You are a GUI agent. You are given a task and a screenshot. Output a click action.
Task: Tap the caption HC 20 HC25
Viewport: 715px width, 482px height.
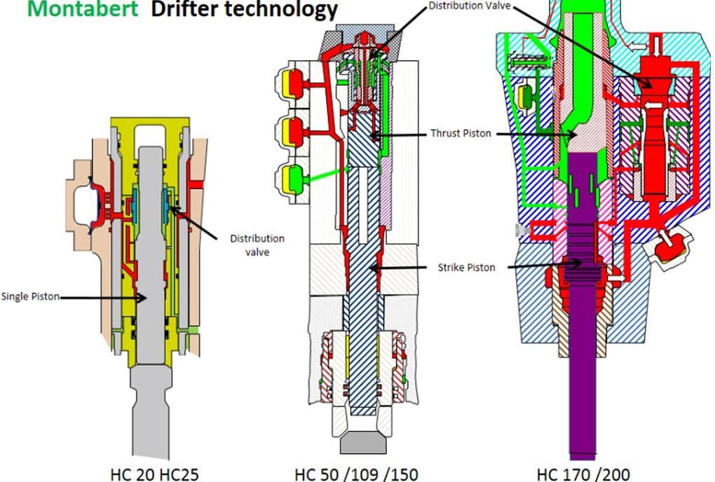154,473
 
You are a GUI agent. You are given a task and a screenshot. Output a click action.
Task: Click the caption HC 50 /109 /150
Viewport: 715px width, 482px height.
356,473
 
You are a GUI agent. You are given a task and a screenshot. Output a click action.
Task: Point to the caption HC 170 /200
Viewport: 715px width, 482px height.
583,473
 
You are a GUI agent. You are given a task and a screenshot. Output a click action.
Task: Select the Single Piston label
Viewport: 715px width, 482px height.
30,297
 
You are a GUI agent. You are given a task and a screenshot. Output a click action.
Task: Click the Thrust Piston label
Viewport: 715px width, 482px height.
461,133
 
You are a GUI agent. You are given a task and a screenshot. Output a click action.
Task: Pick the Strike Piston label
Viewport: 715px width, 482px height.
466,267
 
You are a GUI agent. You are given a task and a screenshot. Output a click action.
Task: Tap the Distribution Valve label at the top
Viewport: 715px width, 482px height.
470,6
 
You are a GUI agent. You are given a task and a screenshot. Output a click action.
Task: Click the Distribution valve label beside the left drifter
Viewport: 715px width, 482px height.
257,245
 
